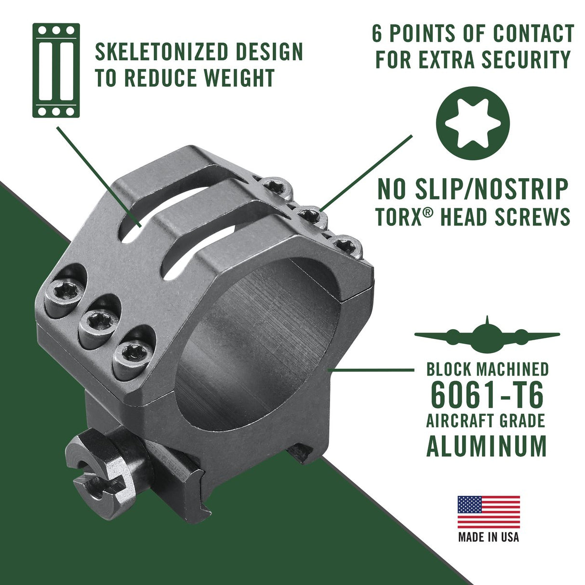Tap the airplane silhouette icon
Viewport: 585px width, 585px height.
pyautogui.click(x=487, y=336)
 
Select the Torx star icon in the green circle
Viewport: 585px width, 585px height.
pyautogui.click(x=473, y=123)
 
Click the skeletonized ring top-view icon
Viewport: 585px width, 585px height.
pyautogui.click(x=56, y=70)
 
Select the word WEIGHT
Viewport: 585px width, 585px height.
pyautogui.click(x=239, y=78)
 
